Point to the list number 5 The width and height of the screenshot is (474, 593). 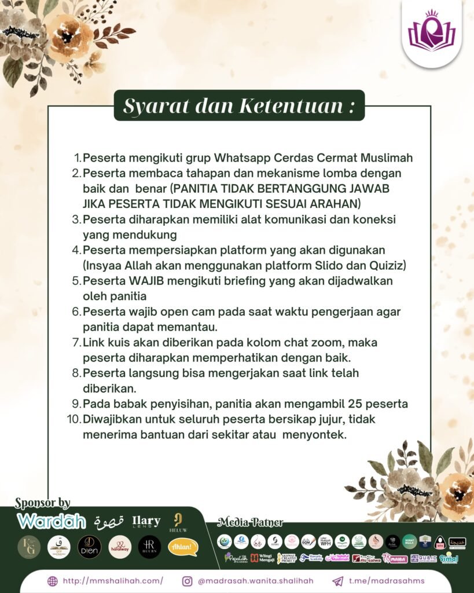[x=76, y=281]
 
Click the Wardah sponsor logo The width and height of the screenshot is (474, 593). [x=52, y=521]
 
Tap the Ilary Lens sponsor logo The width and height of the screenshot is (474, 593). [x=146, y=521]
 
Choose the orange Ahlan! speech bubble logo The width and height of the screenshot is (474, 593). [x=183, y=547]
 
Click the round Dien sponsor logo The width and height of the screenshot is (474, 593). [x=89, y=547]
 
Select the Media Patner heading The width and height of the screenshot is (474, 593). [x=251, y=522]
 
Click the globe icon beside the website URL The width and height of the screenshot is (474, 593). [x=52, y=581]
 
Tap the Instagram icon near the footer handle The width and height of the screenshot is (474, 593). [x=187, y=581]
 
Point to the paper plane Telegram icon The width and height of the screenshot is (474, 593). [x=337, y=581]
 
